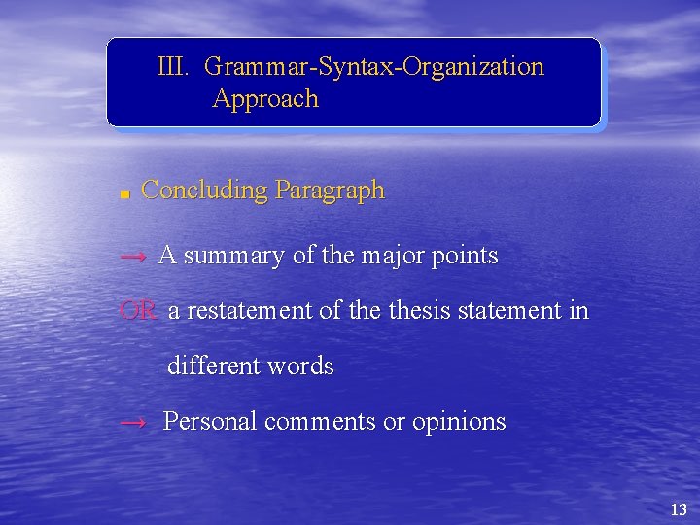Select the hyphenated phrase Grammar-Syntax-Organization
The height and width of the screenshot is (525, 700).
click(x=374, y=67)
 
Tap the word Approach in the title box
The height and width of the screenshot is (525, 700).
click(x=265, y=99)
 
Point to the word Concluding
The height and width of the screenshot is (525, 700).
click(x=204, y=191)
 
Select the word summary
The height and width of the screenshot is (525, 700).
click(x=234, y=257)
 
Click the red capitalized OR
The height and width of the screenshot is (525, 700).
click(x=138, y=311)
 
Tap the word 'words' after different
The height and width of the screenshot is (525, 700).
click(x=300, y=367)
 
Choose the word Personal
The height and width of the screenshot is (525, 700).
click(x=210, y=422)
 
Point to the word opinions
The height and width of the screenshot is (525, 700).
click(x=459, y=423)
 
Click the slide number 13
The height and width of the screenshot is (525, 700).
click(x=679, y=509)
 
